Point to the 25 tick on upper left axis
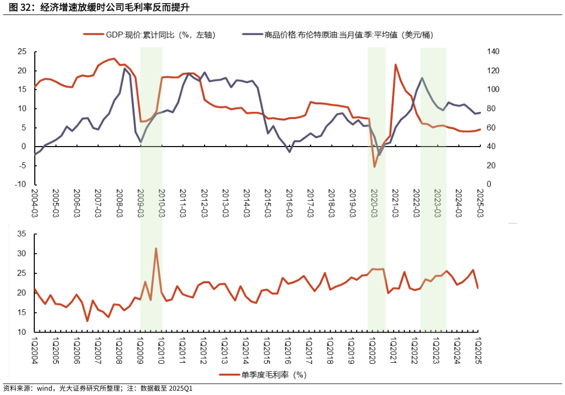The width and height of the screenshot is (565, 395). (22, 51)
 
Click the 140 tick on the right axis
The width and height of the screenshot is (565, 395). (492, 51)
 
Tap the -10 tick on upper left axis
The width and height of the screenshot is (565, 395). (20, 185)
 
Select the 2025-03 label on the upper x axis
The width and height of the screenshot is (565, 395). (480, 203)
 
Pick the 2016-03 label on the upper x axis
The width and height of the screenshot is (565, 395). (289, 203)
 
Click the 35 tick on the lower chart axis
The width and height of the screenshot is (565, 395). (22, 234)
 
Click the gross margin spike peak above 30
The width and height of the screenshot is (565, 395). (156, 248)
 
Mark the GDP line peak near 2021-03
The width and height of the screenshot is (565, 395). (395, 64)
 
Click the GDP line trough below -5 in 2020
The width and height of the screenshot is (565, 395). (374, 166)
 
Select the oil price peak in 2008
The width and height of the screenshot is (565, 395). (125, 69)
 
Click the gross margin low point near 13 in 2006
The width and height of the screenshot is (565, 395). (87, 321)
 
